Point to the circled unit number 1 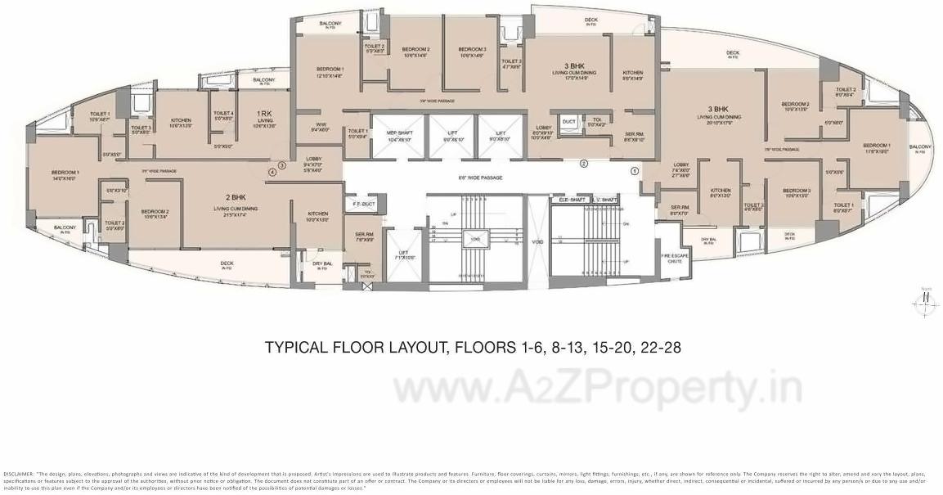point(635,171)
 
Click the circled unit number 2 point(584,163)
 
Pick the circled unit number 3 point(281,165)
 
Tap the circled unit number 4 point(272,172)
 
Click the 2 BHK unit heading point(236,198)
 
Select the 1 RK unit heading point(264,113)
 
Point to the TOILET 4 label point(223,114)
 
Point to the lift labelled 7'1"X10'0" point(403,254)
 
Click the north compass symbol point(926,300)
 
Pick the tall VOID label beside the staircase point(537,241)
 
